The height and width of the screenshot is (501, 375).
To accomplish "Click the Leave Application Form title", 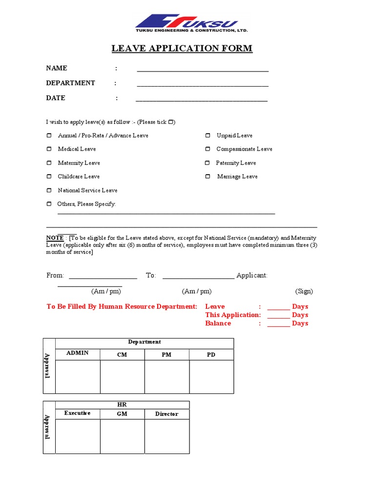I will coord(182,48).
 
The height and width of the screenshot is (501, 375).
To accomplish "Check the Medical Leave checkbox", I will coord(49,149).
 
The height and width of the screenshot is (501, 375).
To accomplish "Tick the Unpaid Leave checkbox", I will coord(208,136).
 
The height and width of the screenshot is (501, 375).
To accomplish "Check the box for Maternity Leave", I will coord(49,163).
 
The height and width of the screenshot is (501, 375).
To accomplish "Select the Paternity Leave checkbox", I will coord(208,163).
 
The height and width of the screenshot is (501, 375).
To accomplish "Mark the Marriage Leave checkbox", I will coord(208,177).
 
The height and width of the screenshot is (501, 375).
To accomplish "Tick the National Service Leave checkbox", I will coord(49,190).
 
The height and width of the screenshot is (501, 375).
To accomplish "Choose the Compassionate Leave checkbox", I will coord(208,149).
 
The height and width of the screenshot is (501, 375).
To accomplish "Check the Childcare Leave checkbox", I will coord(49,177).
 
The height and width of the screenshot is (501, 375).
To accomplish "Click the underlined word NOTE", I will coord(55,238).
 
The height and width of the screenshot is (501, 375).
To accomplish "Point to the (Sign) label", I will coord(304,291).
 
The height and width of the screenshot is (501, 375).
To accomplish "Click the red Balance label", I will coord(218,323).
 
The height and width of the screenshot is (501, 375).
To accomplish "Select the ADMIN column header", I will coord(78,353).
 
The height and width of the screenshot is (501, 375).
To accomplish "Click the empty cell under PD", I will coord(211,377).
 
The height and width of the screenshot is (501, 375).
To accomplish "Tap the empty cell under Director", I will coord(167,436).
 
